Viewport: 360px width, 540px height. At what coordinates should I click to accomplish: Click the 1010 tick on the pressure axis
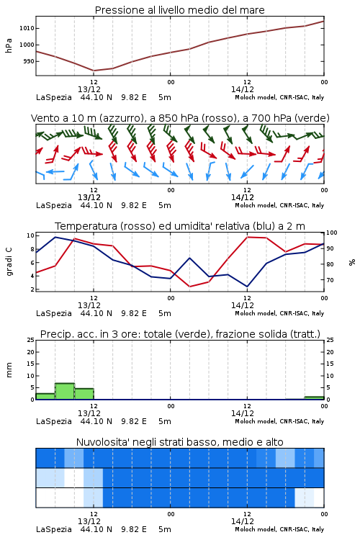tap(27, 28)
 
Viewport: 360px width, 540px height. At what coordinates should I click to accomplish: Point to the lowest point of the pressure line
tap(94, 71)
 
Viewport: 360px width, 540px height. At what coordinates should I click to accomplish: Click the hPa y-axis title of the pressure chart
tap(9, 45)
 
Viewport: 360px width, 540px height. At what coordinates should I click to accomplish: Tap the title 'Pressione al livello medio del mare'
tap(180, 10)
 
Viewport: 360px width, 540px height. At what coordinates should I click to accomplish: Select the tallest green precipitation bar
tap(65, 391)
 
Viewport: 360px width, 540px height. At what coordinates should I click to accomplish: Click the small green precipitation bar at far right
tap(314, 398)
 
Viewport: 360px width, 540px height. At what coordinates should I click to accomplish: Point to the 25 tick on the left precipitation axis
tap(31, 341)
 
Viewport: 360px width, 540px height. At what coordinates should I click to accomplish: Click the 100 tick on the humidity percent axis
tap(332, 233)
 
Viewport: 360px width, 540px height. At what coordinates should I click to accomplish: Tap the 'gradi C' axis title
tap(9, 261)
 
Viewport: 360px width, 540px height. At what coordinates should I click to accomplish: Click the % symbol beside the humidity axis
tap(352, 262)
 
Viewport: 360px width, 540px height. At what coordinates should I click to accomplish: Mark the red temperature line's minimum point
tap(190, 287)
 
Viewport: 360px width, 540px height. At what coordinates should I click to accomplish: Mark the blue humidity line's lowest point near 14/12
tap(247, 287)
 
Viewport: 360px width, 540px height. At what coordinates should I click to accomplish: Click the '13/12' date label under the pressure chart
tap(89, 89)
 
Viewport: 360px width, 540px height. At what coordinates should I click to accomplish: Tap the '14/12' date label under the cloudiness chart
tap(243, 521)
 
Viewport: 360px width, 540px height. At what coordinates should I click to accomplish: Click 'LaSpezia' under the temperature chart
tap(54, 313)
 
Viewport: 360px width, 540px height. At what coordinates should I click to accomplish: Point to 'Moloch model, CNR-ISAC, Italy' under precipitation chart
tap(279, 421)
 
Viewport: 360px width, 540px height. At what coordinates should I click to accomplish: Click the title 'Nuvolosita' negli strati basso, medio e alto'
tap(180, 442)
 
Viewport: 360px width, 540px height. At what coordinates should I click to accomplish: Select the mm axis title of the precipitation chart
tap(9, 370)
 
